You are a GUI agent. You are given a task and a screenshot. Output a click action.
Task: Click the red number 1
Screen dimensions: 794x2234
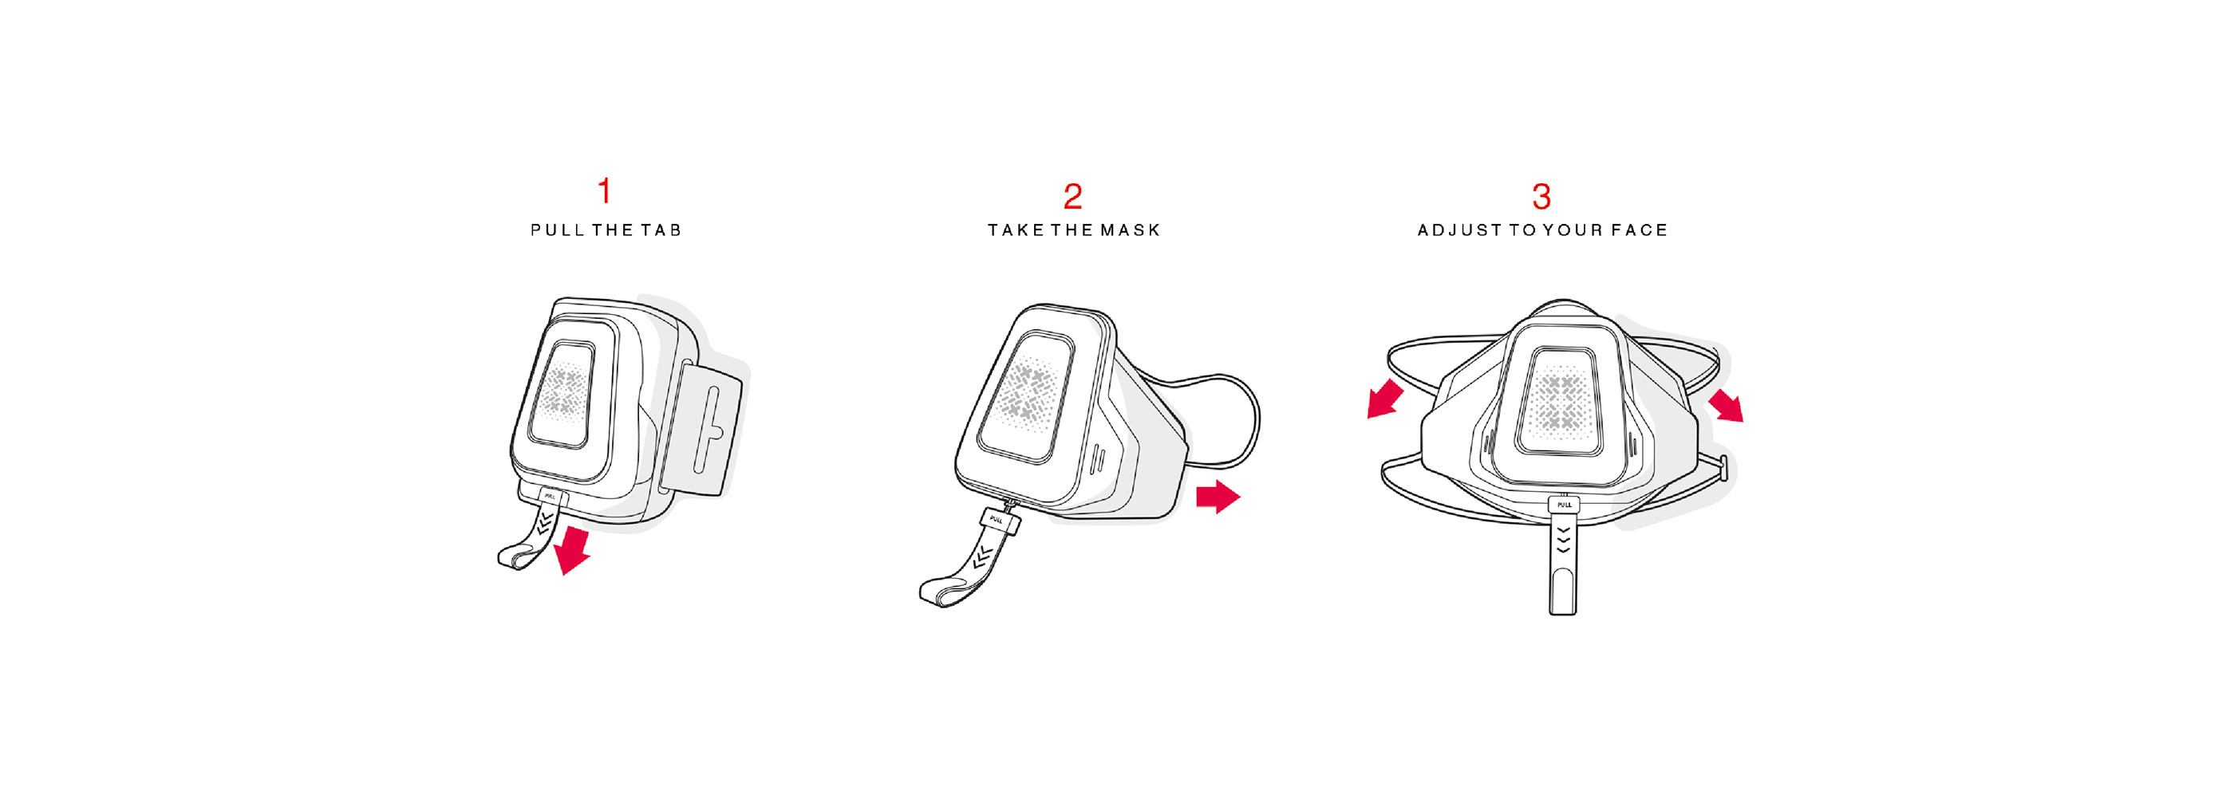(605, 191)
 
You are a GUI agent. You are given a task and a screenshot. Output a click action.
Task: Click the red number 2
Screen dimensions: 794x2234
(1073, 197)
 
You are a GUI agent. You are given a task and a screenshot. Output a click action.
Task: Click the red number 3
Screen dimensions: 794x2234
(1541, 197)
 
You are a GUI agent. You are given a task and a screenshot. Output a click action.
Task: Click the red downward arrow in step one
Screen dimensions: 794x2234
(572, 549)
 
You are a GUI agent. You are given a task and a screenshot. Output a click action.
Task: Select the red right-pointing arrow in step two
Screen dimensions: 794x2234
(1218, 497)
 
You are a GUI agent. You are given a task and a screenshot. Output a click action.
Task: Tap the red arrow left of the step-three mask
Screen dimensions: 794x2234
(1385, 399)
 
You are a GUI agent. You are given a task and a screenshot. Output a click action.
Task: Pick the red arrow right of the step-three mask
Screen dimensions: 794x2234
(1727, 405)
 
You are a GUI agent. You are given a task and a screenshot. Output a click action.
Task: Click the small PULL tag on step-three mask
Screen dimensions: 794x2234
(1564, 505)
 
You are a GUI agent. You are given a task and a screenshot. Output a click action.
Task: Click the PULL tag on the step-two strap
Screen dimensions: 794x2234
(997, 520)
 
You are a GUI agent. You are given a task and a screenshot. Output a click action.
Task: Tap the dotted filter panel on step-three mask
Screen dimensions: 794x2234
(1558, 401)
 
